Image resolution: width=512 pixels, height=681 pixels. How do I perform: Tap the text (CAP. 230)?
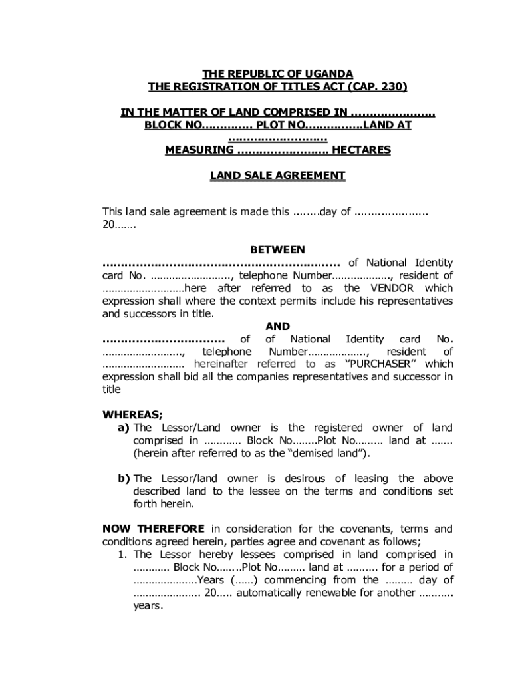coord(374,86)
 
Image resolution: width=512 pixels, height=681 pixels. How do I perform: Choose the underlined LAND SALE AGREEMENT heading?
coord(277,176)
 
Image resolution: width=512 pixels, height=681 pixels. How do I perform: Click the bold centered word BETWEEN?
coord(277,250)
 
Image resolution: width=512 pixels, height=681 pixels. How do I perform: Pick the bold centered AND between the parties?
coord(277,327)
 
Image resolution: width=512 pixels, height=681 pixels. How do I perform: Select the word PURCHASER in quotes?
coord(383,364)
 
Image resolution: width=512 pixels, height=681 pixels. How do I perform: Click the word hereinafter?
coord(223,364)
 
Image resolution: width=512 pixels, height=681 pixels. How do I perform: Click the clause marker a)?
coord(124,428)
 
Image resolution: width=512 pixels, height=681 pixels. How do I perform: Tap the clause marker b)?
coord(124,479)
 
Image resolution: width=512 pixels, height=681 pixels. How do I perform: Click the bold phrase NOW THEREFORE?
coord(154,529)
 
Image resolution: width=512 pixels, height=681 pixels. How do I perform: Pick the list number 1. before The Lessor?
coord(123,555)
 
